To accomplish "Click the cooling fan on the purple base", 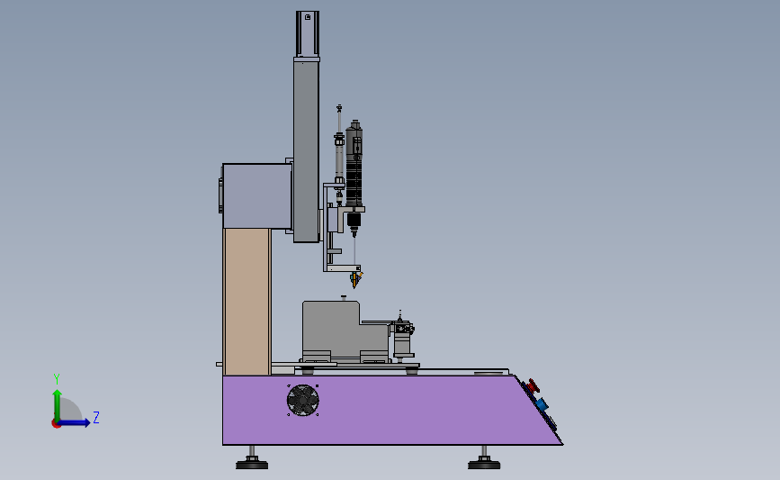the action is click(302, 400).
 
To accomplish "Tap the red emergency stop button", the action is click(533, 385).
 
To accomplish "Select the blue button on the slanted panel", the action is click(542, 403).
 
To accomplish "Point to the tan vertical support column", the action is click(247, 302).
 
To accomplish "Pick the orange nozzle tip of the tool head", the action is click(356, 279).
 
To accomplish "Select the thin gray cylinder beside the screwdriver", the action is click(339, 154).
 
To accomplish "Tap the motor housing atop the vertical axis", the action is click(308, 34).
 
